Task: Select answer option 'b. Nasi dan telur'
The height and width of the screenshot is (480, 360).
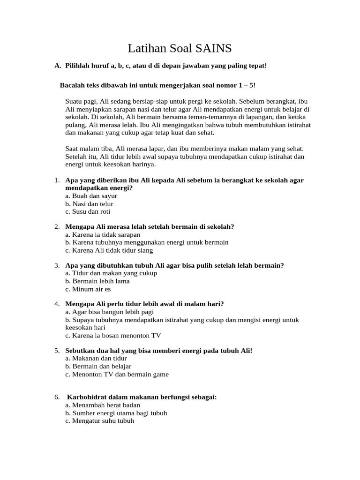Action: click(x=89, y=204)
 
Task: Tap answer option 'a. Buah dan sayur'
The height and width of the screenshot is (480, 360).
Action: click(x=91, y=196)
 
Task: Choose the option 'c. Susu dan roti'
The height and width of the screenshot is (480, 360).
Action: click(x=88, y=212)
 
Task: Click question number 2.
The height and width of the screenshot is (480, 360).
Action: click(x=57, y=227)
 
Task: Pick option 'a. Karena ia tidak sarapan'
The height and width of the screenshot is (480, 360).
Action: click(x=103, y=235)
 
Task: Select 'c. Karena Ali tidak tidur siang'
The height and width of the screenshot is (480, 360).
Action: click(x=109, y=250)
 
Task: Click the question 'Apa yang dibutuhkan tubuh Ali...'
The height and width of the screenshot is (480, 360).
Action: click(x=174, y=265)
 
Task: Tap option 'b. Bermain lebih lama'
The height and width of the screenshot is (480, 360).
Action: click(x=97, y=281)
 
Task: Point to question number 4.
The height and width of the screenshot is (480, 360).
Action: click(x=57, y=304)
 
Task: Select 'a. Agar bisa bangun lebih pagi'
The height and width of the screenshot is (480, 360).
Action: click(x=109, y=312)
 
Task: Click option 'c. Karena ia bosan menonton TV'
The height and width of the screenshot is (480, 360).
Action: click(x=113, y=335)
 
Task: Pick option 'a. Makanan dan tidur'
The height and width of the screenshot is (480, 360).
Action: click(x=96, y=358)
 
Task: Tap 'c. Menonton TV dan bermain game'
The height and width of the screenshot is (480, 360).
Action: click(x=117, y=374)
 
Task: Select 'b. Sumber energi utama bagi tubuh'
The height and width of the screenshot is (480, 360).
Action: click(x=116, y=413)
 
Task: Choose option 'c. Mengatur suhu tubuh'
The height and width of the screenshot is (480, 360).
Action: click(x=99, y=421)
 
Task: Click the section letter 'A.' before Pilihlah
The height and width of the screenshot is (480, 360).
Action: click(x=58, y=66)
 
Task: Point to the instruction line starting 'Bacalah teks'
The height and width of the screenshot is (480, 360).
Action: click(x=158, y=85)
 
